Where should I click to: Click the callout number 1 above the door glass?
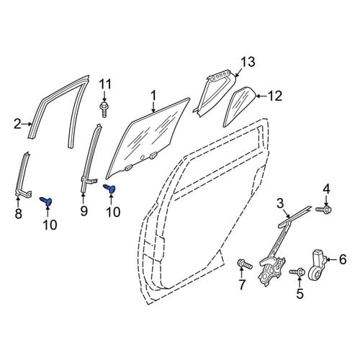pos(153,96)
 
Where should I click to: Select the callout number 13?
pos(248,62)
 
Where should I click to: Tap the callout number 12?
pos(275,96)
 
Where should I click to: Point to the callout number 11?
pos(105,84)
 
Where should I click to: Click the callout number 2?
pos(17,125)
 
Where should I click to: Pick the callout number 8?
pos(19,213)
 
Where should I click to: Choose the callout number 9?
pos(84,211)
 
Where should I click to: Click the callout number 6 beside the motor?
pos(343,259)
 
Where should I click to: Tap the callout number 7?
pos(241,285)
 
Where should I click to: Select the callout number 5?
pos(300,294)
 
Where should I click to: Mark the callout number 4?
pos(326,189)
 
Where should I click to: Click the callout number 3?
pos(280,204)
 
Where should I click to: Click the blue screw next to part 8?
pos(46,201)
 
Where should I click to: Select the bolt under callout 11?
pos(104,109)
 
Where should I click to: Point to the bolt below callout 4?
pos(323,209)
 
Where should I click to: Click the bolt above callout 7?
pos(244,264)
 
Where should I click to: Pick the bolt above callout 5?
pos(297,272)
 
